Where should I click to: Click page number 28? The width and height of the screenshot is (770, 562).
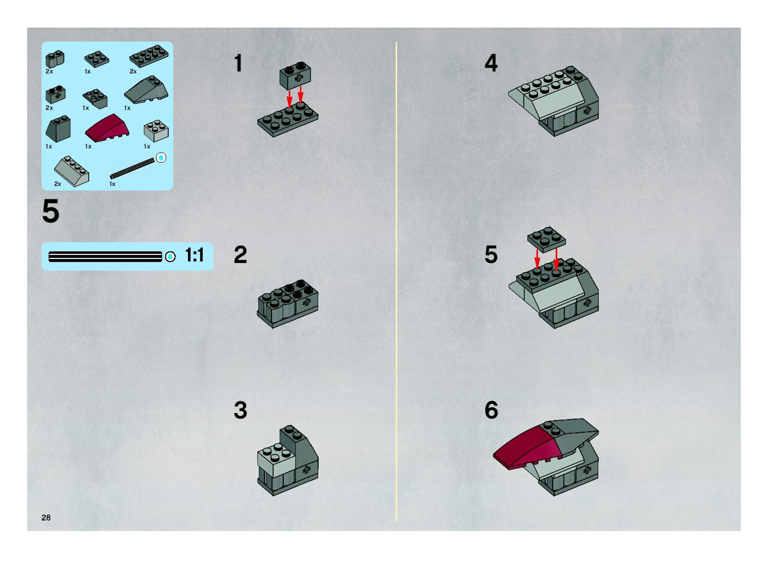pyautogui.click(x=46, y=517)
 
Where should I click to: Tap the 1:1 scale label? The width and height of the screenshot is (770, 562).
pyautogui.click(x=194, y=255)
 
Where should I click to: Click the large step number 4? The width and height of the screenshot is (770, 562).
pyautogui.click(x=491, y=63)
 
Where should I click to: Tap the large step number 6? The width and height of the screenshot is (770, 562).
pyautogui.click(x=491, y=410)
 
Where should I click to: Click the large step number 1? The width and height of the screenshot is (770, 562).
pyautogui.click(x=238, y=63)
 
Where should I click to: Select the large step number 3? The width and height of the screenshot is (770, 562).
pyautogui.click(x=240, y=410)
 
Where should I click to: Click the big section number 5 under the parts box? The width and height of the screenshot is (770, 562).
pyautogui.click(x=51, y=211)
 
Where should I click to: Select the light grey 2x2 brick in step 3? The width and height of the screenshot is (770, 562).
pyautogui.click(x=276, y=461)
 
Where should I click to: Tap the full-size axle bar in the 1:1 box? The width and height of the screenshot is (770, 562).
pyautogui.click(x=105, y=256)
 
